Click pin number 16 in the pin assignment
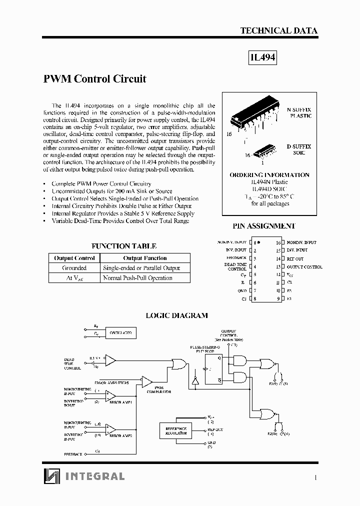pos(278,242)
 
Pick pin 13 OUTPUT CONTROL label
pos(304,267)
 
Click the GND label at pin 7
pos(242,290)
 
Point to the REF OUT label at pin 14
pos(295,258)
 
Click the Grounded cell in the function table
pos(74,268)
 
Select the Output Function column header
pos(145,258)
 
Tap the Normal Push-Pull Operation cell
pos(137,278)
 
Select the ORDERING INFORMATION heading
pos(269,175)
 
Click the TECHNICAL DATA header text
pos(278,30)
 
